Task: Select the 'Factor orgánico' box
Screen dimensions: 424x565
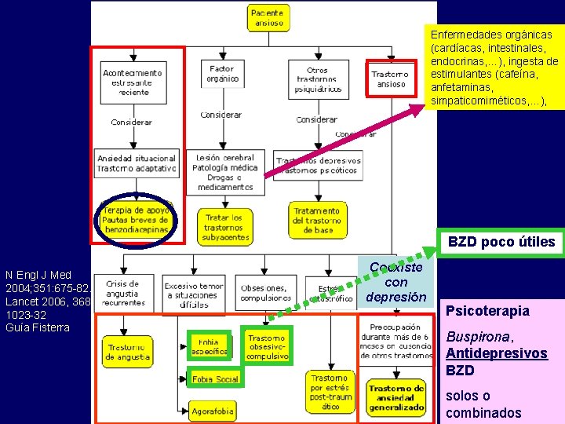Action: click(x=223, y=75)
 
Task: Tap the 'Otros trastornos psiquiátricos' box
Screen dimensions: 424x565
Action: click(x=318, y=79)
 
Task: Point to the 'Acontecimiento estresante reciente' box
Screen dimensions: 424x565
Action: click(x=133, y=82)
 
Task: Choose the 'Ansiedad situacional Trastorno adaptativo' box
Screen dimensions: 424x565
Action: click(x=137, y=163)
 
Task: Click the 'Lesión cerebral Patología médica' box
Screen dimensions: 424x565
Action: click(x=226, y=172)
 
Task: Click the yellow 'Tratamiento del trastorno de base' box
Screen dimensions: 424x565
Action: click(x=317, y=220)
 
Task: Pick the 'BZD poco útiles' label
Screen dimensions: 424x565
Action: click(x=501, y=243)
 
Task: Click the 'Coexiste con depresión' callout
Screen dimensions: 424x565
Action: click(x=396, y=282)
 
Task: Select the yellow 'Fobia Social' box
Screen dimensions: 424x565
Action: click(x=214, y=379)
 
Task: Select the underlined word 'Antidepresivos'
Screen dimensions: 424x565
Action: click(x=497, y=353)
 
